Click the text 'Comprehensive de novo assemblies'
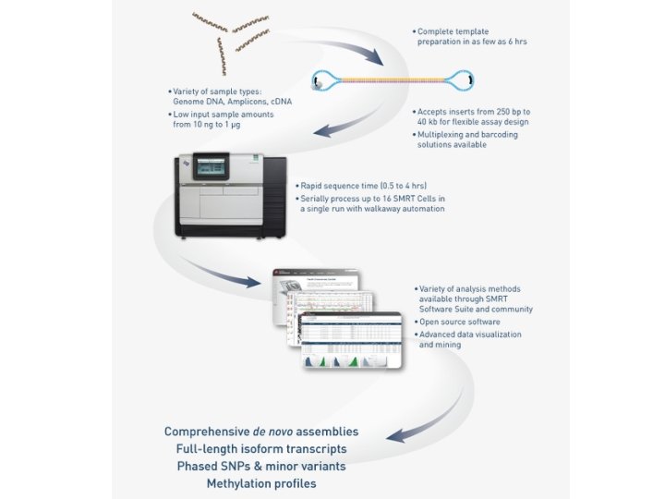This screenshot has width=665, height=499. tap(261, 432)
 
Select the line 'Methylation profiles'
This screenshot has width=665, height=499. tap(261, 483)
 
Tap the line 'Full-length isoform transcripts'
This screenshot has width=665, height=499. tap(261, 449)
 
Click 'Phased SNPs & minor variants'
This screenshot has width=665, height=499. tap(261, 466)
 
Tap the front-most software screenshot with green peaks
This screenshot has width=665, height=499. tap(351, 342)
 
